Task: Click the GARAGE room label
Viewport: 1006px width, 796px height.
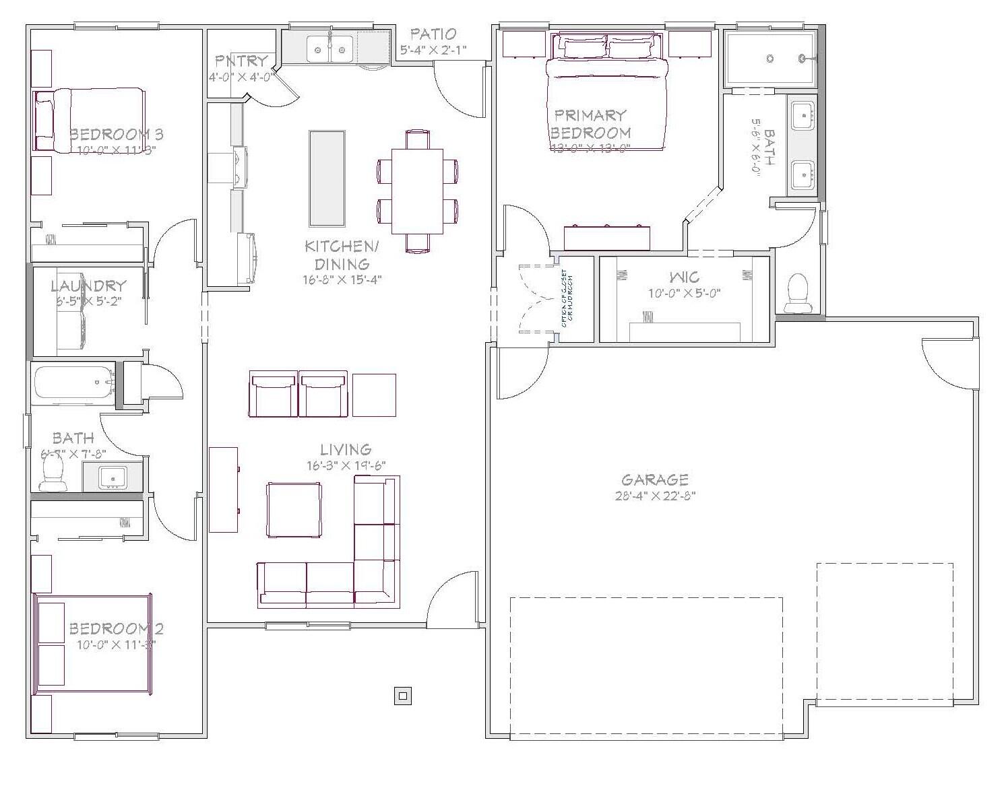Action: click(x=654, y=479)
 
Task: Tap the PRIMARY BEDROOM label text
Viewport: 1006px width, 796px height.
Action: click(x=591, y=124)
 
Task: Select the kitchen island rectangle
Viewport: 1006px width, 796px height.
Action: click(x=327, y=178)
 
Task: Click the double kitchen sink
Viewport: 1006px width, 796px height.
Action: click(x=330, y=49)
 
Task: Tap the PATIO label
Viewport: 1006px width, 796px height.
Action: click(x=433, y=34)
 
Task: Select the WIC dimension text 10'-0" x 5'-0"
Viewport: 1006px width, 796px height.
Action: click(x=685, y=293)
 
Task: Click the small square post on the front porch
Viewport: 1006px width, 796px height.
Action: click(x=402, y=696)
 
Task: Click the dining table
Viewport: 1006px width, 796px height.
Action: click(x=417, y=190)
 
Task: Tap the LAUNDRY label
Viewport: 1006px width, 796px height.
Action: click(x=88, y=286)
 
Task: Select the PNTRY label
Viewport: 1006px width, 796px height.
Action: click(x=241, y=61)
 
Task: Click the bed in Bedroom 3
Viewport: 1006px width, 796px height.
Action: click(x=90, y=120)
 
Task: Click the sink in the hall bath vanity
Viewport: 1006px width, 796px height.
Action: click(x=113, y=477)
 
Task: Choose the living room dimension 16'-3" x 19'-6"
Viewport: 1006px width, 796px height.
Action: click(x=346, y=465)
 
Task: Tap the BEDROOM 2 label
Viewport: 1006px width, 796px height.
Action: click(x=116, y=629)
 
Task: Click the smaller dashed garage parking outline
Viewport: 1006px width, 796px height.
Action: click(x=884, y=633)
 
